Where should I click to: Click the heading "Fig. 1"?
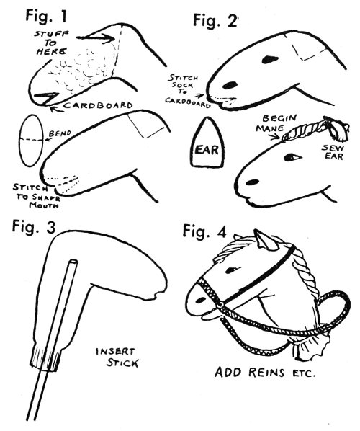[46, 16]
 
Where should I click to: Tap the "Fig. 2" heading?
[215, 20]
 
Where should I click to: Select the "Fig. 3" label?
[34, 227]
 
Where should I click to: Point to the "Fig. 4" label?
[204, 231]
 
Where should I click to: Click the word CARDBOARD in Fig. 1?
[99, 105]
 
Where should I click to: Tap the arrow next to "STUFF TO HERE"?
[95, 38]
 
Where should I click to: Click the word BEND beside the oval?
[60, 133]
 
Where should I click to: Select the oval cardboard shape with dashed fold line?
[32, 141]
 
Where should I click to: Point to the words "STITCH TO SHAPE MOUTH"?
[36, 196]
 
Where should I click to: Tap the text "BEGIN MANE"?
[276, 123]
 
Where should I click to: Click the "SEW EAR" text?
[333, 152]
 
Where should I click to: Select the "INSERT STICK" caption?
[117, 357]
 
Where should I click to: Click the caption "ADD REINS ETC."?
[264, 373]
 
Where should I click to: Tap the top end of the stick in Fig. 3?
[73, 261]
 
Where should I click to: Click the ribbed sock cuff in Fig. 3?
[45, 357]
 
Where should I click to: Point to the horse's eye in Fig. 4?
[233, 270]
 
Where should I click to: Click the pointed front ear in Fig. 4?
[265, 241]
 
